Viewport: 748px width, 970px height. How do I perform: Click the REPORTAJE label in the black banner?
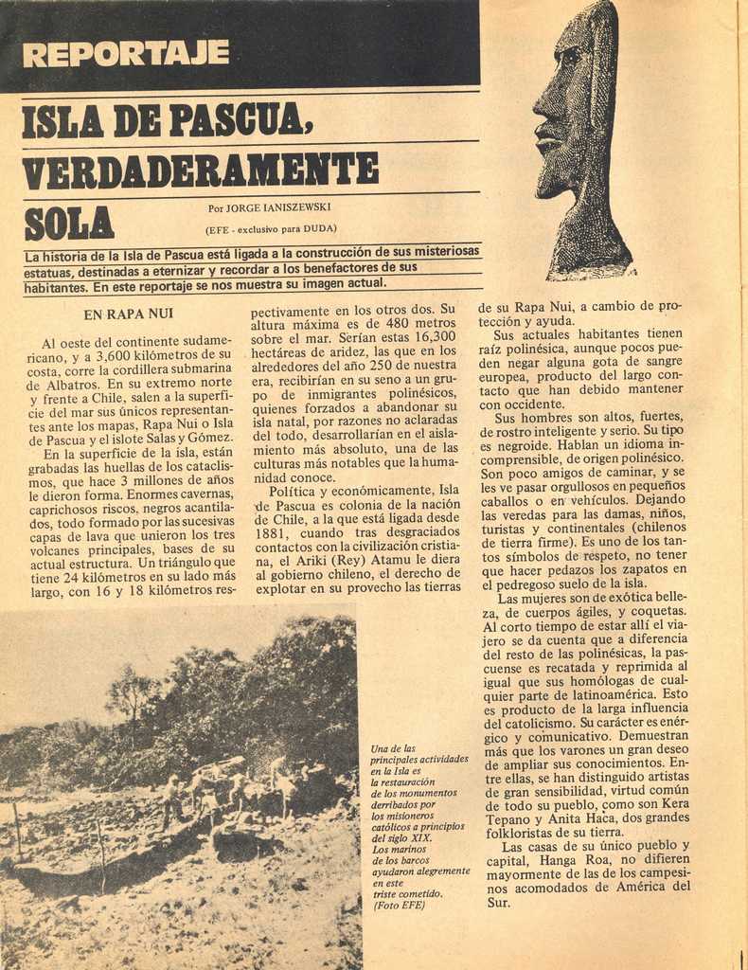[x=125, y=53]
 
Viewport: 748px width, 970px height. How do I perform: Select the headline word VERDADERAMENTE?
[x=200, y=170]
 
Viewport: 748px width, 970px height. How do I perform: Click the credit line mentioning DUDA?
[x=271, y=228]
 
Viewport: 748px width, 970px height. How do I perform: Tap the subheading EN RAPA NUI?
[x=128, y=314]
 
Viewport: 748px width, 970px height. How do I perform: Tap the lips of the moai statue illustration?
[x=546, y=142]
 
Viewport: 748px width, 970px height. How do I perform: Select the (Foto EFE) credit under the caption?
[x=400, y=906]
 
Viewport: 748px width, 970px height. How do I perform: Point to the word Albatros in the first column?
[x=71, y=385]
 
